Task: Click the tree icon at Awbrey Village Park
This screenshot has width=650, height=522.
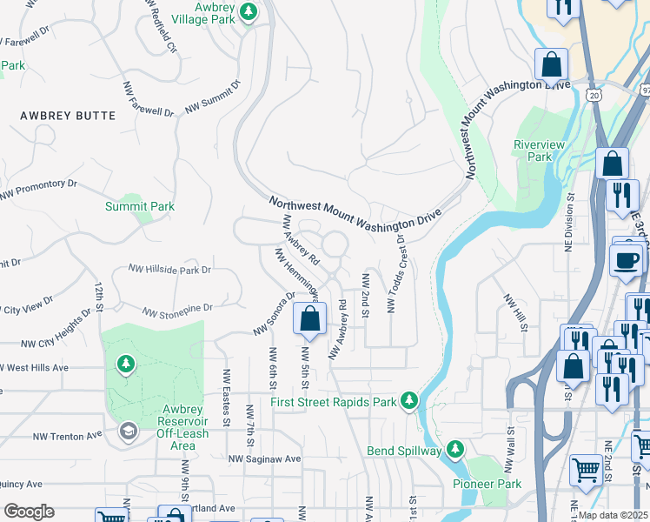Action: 249,13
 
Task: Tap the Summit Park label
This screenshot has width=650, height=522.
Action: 140,206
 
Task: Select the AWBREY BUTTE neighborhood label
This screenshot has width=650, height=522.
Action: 68,115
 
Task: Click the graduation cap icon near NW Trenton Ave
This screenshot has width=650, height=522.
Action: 129,432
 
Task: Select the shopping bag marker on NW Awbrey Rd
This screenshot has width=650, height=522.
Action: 310,320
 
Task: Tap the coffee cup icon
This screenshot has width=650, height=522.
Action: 627,259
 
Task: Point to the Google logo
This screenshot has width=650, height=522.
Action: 29,512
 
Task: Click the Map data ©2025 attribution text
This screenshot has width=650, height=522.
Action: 614,515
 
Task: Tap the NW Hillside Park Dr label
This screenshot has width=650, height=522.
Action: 169,270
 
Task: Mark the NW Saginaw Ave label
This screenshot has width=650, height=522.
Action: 264,458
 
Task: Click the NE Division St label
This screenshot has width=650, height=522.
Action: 571,225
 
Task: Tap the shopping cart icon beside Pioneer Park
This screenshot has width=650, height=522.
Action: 587,471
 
